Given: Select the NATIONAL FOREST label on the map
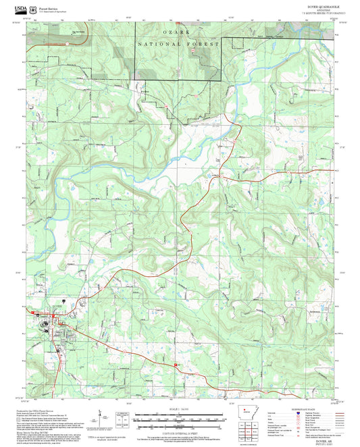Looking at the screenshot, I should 179,44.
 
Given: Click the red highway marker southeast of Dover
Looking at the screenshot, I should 177,365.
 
